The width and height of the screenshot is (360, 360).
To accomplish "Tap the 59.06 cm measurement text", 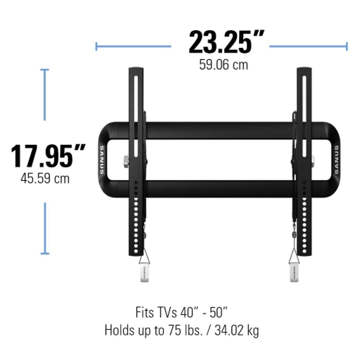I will click(224, 65).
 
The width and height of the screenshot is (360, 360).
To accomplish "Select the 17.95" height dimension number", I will click(48, 156).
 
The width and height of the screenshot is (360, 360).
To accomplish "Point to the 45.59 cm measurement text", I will click(45, 179).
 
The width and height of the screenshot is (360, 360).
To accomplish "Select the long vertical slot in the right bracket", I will click(304, 115).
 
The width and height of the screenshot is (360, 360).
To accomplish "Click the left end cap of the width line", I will click(96, 46).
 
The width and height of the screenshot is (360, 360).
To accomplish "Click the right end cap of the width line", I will click(347, 46).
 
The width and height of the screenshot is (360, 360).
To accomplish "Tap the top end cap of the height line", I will click(45, 70).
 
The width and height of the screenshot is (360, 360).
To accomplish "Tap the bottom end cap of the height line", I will click(45, 254).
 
